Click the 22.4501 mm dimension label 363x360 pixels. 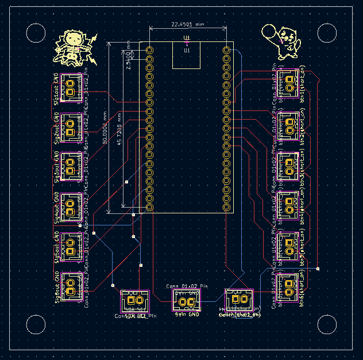click(187, 25)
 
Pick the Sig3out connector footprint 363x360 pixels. click(69, 164)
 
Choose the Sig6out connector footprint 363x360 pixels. click(69, 284)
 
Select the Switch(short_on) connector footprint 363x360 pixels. click(239, 300)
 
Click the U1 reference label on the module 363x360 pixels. click(187, 51)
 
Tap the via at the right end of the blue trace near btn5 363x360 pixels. click(318, 269)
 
